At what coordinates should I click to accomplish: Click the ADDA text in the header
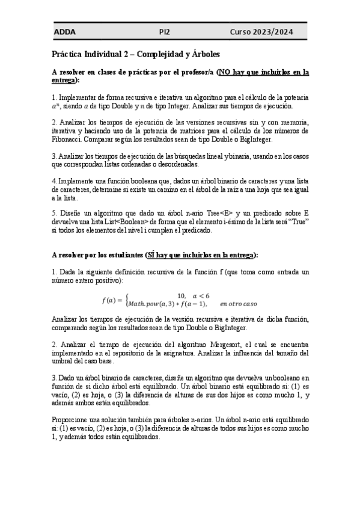(x=64, y=32)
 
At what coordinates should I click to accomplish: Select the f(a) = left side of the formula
(x=112, y=300)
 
